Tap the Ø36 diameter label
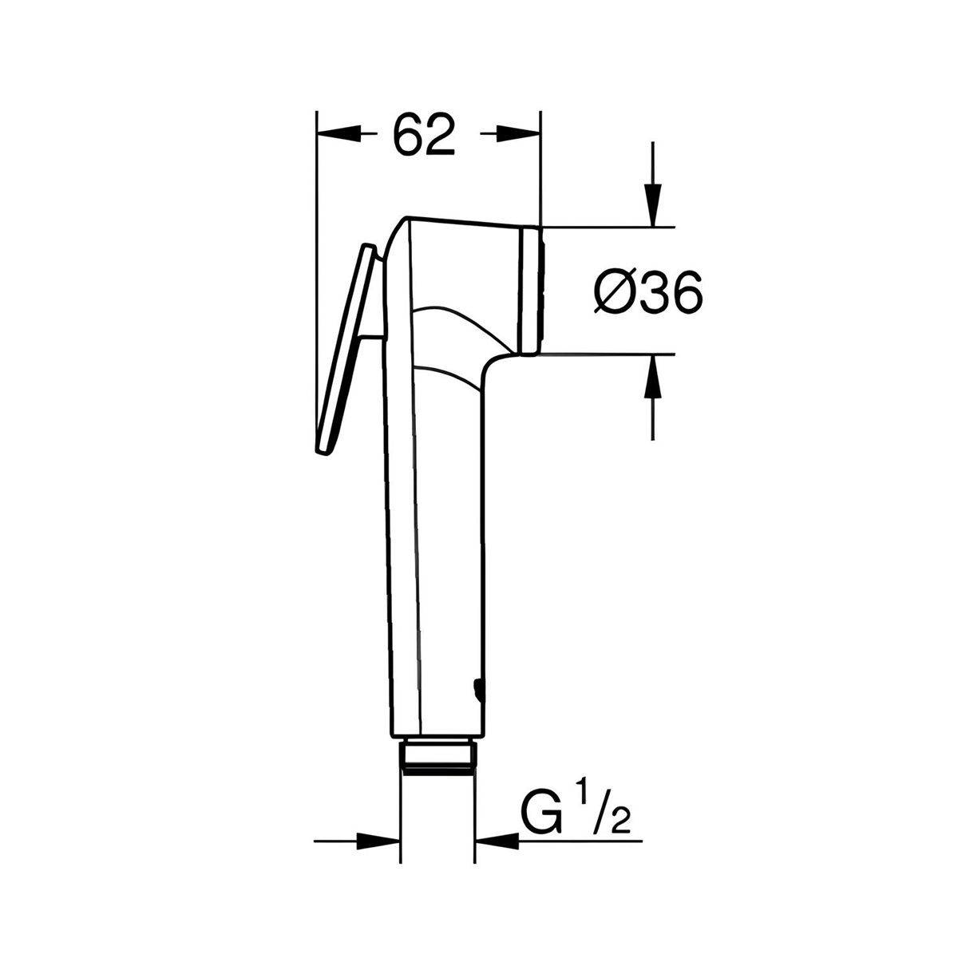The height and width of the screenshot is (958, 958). click(648, 293)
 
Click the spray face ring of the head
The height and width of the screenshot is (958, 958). click(531, 290)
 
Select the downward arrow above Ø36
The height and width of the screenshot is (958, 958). click(654, 204)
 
